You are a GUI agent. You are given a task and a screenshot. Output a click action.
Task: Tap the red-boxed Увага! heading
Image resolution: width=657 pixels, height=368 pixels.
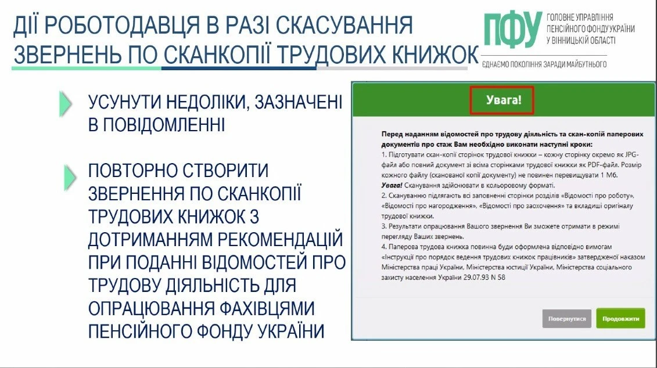click(503, 100)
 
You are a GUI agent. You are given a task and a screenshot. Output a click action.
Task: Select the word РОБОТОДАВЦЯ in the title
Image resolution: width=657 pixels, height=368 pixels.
click(137, 27)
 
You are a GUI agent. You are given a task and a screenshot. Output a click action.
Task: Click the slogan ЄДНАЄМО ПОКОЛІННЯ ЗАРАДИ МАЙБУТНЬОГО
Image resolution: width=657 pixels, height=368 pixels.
click(544, 64)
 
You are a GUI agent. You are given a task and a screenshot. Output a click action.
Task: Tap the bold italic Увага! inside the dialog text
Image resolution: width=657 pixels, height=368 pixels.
click(393, 184)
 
